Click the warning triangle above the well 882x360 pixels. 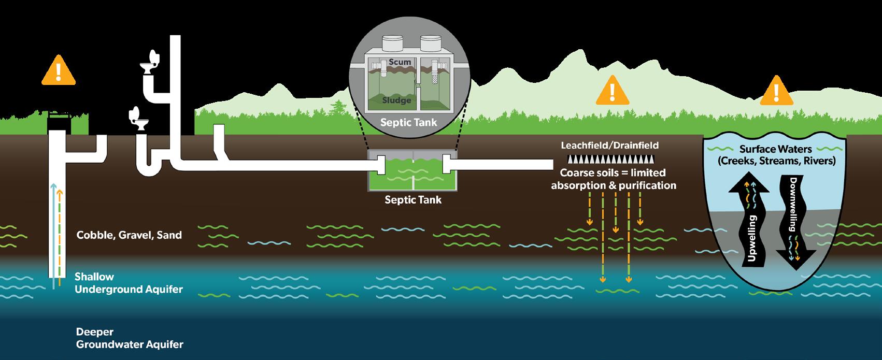[x=59, y=70]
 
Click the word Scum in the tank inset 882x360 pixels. [x=400, y=62]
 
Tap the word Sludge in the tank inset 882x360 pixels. [x=396, y=100]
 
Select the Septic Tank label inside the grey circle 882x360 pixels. [x=408, y=123]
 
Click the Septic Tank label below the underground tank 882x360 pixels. [x=413, y=199]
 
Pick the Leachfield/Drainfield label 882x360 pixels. [x=610, y=146]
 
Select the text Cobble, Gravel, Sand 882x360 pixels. [x=129, y=235]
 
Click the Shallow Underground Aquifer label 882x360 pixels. [x=129, y=283]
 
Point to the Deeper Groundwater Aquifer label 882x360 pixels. [x=129, y=338]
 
